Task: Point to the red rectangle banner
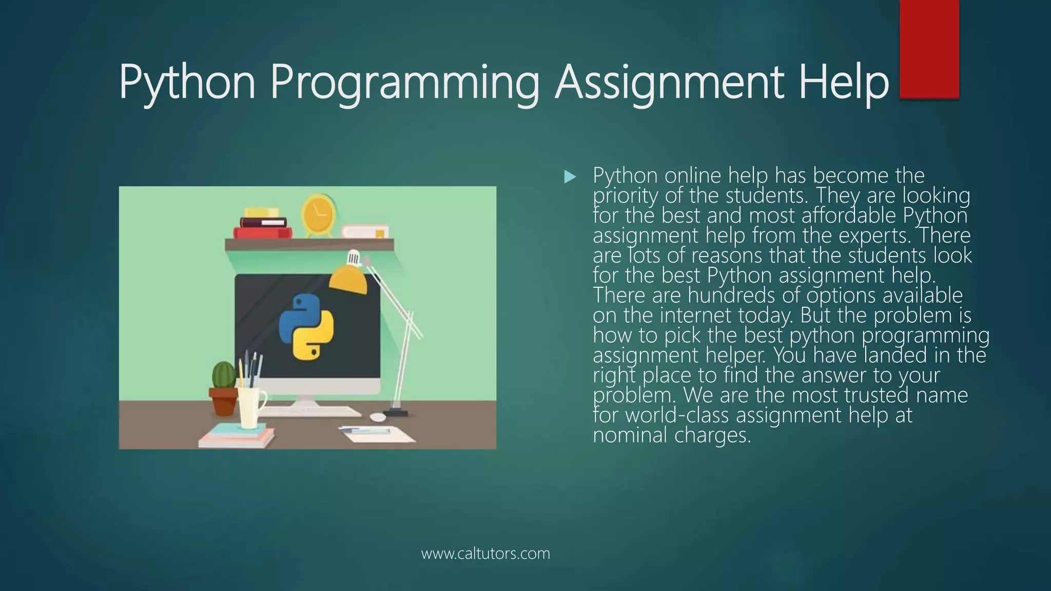point(929,49)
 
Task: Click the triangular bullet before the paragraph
point(570,178)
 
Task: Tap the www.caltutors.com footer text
point(485,554)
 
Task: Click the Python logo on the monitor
point(306,326)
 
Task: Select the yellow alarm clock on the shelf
point(318,215)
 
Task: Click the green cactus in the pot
point(224,375)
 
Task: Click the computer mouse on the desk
point(378,417)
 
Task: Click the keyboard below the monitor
point(313,411)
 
